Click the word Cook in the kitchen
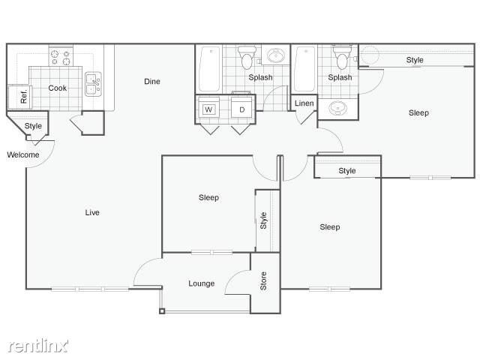[58, 88]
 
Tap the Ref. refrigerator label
[24, 96]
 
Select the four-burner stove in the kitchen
[60, 55]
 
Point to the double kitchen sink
[93, 83]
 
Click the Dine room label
[152, 82]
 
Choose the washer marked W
[208, 109]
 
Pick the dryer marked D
[241, 109]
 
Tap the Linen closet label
[304, 103]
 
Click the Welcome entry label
[22, 155]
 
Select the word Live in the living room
[92, 212]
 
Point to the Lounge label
[201, 283]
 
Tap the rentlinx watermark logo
[39, 345]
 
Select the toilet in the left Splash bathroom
[246, 57]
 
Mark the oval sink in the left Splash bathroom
[277, 56]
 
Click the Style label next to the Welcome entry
[33, 126]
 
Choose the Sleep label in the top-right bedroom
[418, 113]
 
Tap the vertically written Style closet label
[263, 220]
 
